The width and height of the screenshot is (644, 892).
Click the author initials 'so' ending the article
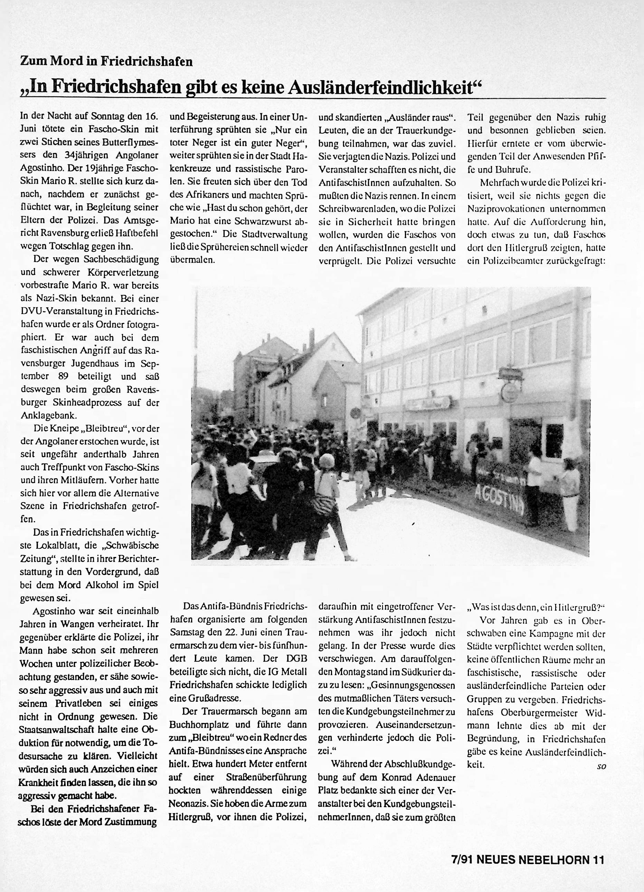pos(601,765)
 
